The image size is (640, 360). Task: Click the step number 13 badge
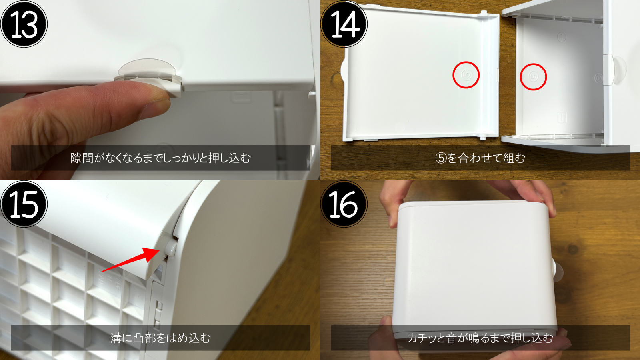point(24,24)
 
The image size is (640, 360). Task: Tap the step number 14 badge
point(344,24)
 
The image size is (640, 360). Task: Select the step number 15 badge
point(24,204)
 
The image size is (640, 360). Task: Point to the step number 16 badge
point(344,204)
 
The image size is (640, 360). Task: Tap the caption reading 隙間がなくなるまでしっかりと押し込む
point(160,158)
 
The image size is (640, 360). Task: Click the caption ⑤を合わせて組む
point(480,158)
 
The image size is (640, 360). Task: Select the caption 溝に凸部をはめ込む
point(160,338)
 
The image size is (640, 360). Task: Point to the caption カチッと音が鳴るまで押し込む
point(480,338)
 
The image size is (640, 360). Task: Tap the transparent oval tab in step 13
point(148,68)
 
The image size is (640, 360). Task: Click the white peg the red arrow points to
point(170,248)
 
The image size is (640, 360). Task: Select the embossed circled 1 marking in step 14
point(562,37)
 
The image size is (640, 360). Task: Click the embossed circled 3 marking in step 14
point(598,78)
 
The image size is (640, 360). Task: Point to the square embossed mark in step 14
point(562,117)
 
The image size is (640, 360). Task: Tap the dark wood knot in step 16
point(573,250)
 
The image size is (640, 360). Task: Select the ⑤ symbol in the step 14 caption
point(441,158)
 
